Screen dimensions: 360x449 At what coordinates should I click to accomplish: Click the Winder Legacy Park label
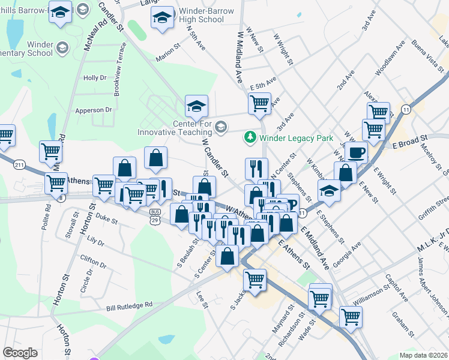[296, 138]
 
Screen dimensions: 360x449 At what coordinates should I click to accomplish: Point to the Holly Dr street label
[95, 78]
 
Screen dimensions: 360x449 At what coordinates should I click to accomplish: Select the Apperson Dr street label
[94, 110]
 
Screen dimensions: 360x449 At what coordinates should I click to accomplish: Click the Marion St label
[167, 58]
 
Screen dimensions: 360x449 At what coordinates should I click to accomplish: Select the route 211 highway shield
[20, 164]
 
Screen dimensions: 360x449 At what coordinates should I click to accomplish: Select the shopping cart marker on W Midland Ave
[259, 103]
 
